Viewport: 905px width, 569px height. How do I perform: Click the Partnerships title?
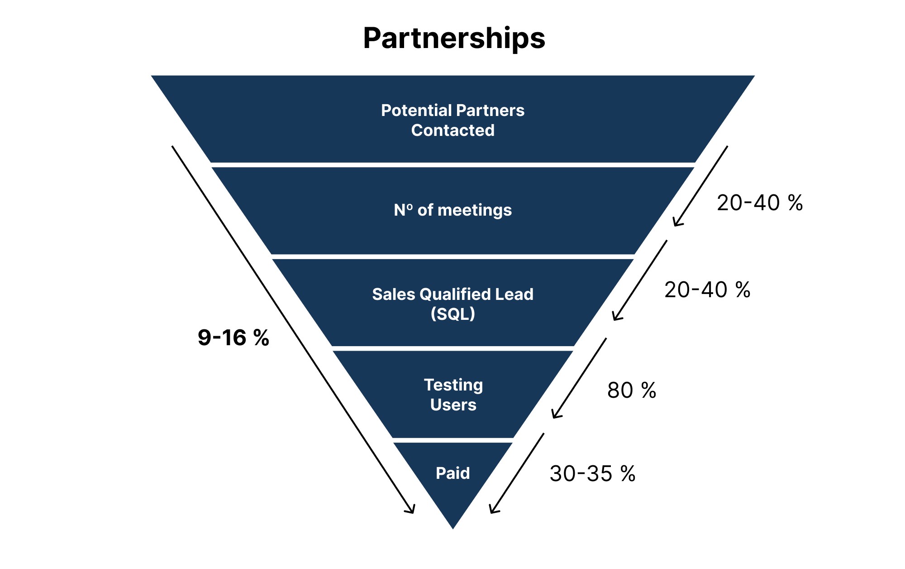point(454,39)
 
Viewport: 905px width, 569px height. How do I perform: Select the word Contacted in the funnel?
point(452,130)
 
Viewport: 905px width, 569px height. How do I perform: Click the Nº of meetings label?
point(452,210)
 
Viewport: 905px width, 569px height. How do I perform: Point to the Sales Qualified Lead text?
point(452,294)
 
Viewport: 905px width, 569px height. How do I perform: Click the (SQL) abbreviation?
point(452,314)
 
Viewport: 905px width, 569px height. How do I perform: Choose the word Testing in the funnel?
point(453,385)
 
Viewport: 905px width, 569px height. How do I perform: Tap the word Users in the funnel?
point(453,405)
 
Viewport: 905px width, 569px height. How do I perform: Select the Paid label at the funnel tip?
point(452,473)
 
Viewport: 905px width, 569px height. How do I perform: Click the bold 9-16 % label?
point(233,338)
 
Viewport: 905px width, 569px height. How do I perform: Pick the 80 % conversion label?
point(632,391)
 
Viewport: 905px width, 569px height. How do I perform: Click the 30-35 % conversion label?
point(592,474)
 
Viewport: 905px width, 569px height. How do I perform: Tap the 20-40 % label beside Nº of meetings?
point(760,203)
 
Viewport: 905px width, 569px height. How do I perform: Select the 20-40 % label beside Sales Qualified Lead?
point(707,290)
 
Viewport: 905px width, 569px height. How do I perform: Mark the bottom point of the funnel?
point(453,528)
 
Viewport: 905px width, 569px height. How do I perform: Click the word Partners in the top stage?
point(490,111)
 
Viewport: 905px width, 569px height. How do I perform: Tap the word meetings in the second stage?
point(475,210)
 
